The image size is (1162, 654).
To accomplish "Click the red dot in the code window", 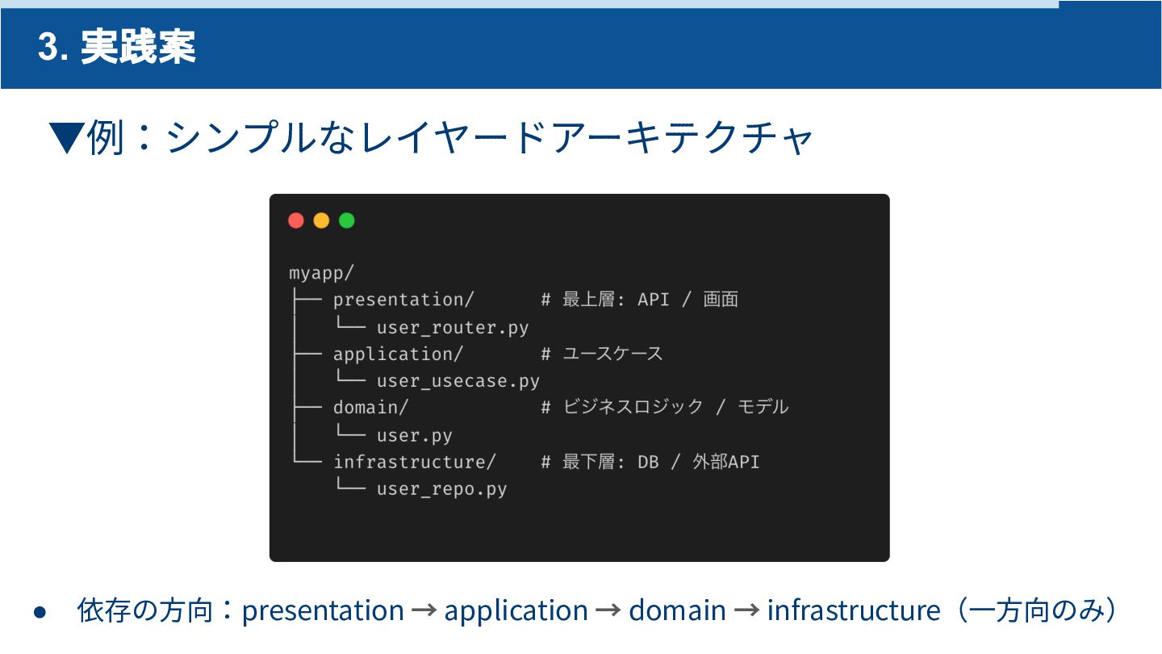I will [296, 220].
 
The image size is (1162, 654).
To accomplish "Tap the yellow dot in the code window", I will [321, 220].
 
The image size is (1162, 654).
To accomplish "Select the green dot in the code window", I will [347, 220].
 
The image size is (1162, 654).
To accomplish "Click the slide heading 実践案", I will [138, 48].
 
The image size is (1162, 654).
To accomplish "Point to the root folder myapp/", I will [321, 273].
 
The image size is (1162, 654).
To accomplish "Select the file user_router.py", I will [453, 327].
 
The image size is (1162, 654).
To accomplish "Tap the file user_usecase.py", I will [458, 381].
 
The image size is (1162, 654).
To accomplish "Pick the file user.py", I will [415, 435].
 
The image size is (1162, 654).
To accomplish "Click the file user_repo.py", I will [442, 489].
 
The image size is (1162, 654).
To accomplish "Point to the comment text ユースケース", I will [612, 354].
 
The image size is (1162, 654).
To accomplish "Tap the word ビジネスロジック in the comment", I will [633, 408].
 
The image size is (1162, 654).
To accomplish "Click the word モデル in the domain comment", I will [763, 408].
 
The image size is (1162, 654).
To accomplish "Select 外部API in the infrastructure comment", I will [726, 462].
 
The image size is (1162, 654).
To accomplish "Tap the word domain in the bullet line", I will [677, 610].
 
